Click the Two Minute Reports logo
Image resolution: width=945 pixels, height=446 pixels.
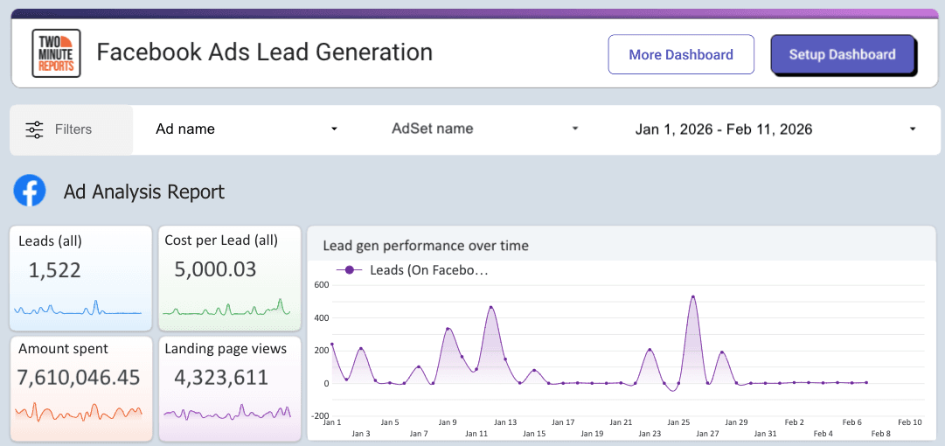(x=56, y=53)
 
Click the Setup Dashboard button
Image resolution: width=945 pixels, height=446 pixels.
(x=842, y=54)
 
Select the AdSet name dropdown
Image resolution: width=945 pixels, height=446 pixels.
(x=485, y=129)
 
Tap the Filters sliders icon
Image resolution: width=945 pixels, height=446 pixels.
(x=34, y=129)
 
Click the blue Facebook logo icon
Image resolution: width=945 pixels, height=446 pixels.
(x=30, y=191)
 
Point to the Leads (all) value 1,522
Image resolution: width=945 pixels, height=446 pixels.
(x=55, y=270)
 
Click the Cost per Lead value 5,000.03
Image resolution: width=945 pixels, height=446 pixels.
(x=215, y=269)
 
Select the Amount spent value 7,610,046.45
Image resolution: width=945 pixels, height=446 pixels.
(x=80, y=377)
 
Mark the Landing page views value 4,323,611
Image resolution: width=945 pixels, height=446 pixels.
(x=220, y=377)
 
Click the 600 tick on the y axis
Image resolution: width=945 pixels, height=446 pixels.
(x=321, y=284)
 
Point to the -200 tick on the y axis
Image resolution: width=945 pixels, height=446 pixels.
(x=319, y=415)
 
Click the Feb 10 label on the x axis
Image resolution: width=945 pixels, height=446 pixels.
(x=910, y=422)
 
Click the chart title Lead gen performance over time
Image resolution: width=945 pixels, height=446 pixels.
(x=426, y=246)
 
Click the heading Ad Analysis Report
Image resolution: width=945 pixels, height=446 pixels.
(x=144, y=192)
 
